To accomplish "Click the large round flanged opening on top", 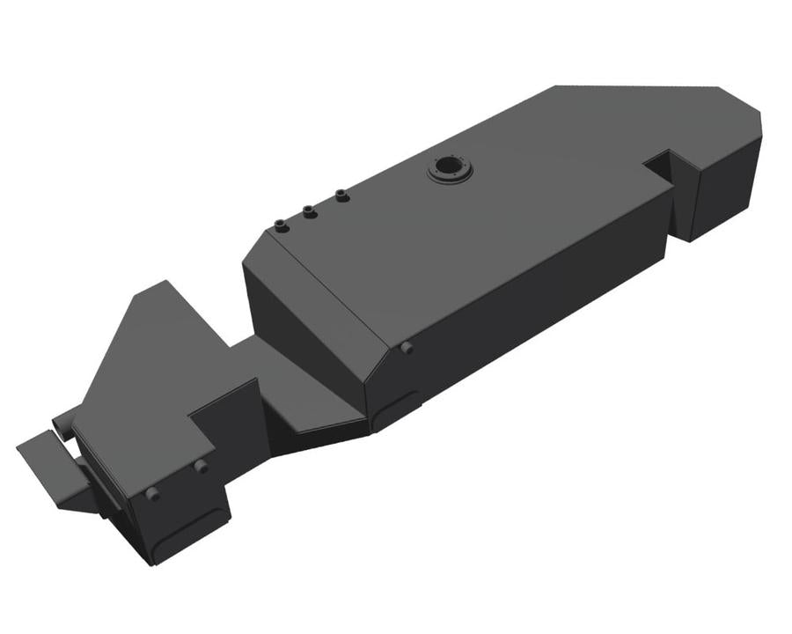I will (451, 168).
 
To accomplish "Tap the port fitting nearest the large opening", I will (342, 195).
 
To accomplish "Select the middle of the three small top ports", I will (309, 211).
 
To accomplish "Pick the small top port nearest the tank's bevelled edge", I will (281, 226).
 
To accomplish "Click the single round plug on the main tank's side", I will (407, 349).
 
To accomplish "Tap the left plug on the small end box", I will (152, 494).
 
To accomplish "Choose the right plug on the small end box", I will (201, 466).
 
